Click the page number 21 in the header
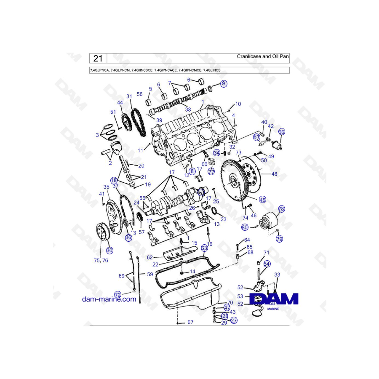(98, 58)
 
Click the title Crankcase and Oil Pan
(263, 56)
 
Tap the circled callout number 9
(223, 84)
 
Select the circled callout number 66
(281, 132)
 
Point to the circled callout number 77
(211, 171)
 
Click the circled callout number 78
(281, 209)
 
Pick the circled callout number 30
(109, 250)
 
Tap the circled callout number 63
(204, 248)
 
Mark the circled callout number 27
(234, 320)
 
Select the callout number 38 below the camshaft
(188, 109)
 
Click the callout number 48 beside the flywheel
(274, 173)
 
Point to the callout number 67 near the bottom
(190, 322)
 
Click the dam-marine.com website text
(109, 299)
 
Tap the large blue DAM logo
(274, 299)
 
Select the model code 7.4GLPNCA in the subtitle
(99, 70)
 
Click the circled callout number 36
(128, 238)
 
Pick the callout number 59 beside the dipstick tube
(149, 274)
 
